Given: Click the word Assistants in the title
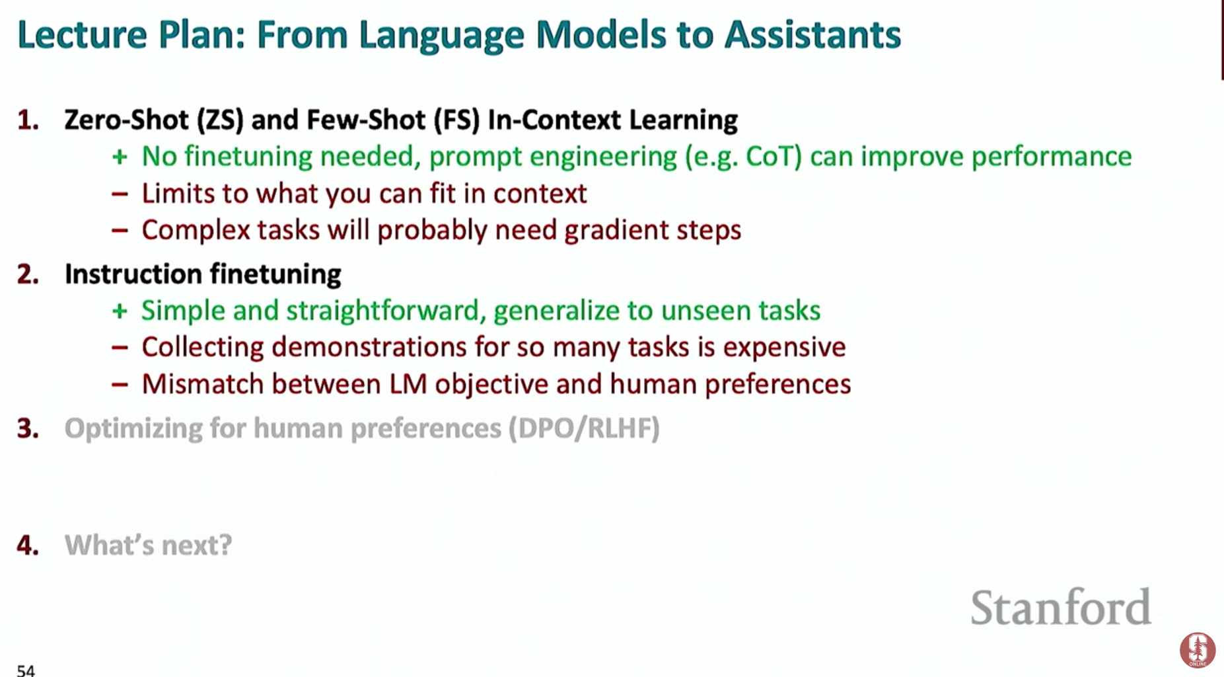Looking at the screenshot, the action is (812, 34).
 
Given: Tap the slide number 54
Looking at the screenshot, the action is (26, 670).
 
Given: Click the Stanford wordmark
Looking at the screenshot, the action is (1061, 607).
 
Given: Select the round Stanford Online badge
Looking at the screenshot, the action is (1198, 650).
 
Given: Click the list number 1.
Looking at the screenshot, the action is (28, 120).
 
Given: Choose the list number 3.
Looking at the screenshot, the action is (28, 428).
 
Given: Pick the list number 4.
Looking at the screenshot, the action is (28, 545).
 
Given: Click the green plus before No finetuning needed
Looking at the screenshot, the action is (120, 157).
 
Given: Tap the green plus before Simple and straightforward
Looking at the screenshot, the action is (120, 311).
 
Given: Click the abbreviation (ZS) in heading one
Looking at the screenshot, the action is (220, 120).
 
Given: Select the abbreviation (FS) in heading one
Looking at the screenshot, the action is (456, 120).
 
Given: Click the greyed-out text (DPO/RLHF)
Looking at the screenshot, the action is (584, 428).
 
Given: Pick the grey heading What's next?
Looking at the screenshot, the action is (148, 545).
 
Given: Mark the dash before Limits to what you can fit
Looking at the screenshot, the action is (120, 194).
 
